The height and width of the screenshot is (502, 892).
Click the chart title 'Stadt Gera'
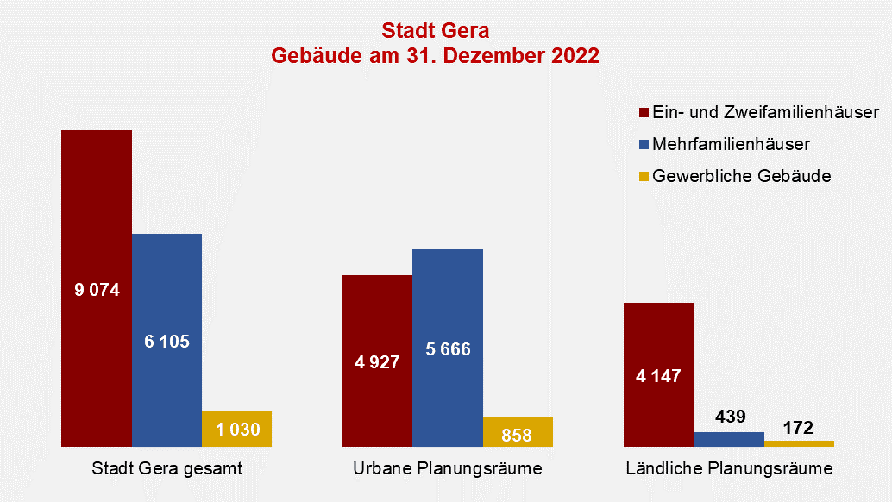point(435,32)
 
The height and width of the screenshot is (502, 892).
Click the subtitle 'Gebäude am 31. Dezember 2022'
point(435,56)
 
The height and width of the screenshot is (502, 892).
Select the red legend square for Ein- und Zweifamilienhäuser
point(644,113)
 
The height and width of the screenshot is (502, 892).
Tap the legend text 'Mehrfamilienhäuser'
point(731,144)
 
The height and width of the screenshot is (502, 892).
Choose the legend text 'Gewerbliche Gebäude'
point(741,176)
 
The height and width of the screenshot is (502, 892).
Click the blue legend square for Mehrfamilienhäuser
point(644,144)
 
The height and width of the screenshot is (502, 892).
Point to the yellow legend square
point(644,176)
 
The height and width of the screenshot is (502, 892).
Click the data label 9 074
point(97,290)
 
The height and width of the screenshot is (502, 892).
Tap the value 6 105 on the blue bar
point(166,342)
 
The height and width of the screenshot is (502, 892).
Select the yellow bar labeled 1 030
point(236,429)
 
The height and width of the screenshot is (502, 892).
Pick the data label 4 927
point(377,362)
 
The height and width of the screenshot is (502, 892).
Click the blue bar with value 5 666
point(448,349)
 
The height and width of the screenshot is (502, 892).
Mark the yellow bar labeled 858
point(517,432)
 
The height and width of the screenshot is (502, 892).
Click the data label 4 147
point(658,376)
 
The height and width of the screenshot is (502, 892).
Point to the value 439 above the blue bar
point(729,416)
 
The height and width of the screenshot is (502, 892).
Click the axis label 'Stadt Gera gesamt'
point(166,469)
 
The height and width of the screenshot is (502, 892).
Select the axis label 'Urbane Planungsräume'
point(448,469)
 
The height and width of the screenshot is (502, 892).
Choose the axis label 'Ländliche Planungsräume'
point(729,469)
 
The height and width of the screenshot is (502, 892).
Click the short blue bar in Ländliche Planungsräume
point(729,439)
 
